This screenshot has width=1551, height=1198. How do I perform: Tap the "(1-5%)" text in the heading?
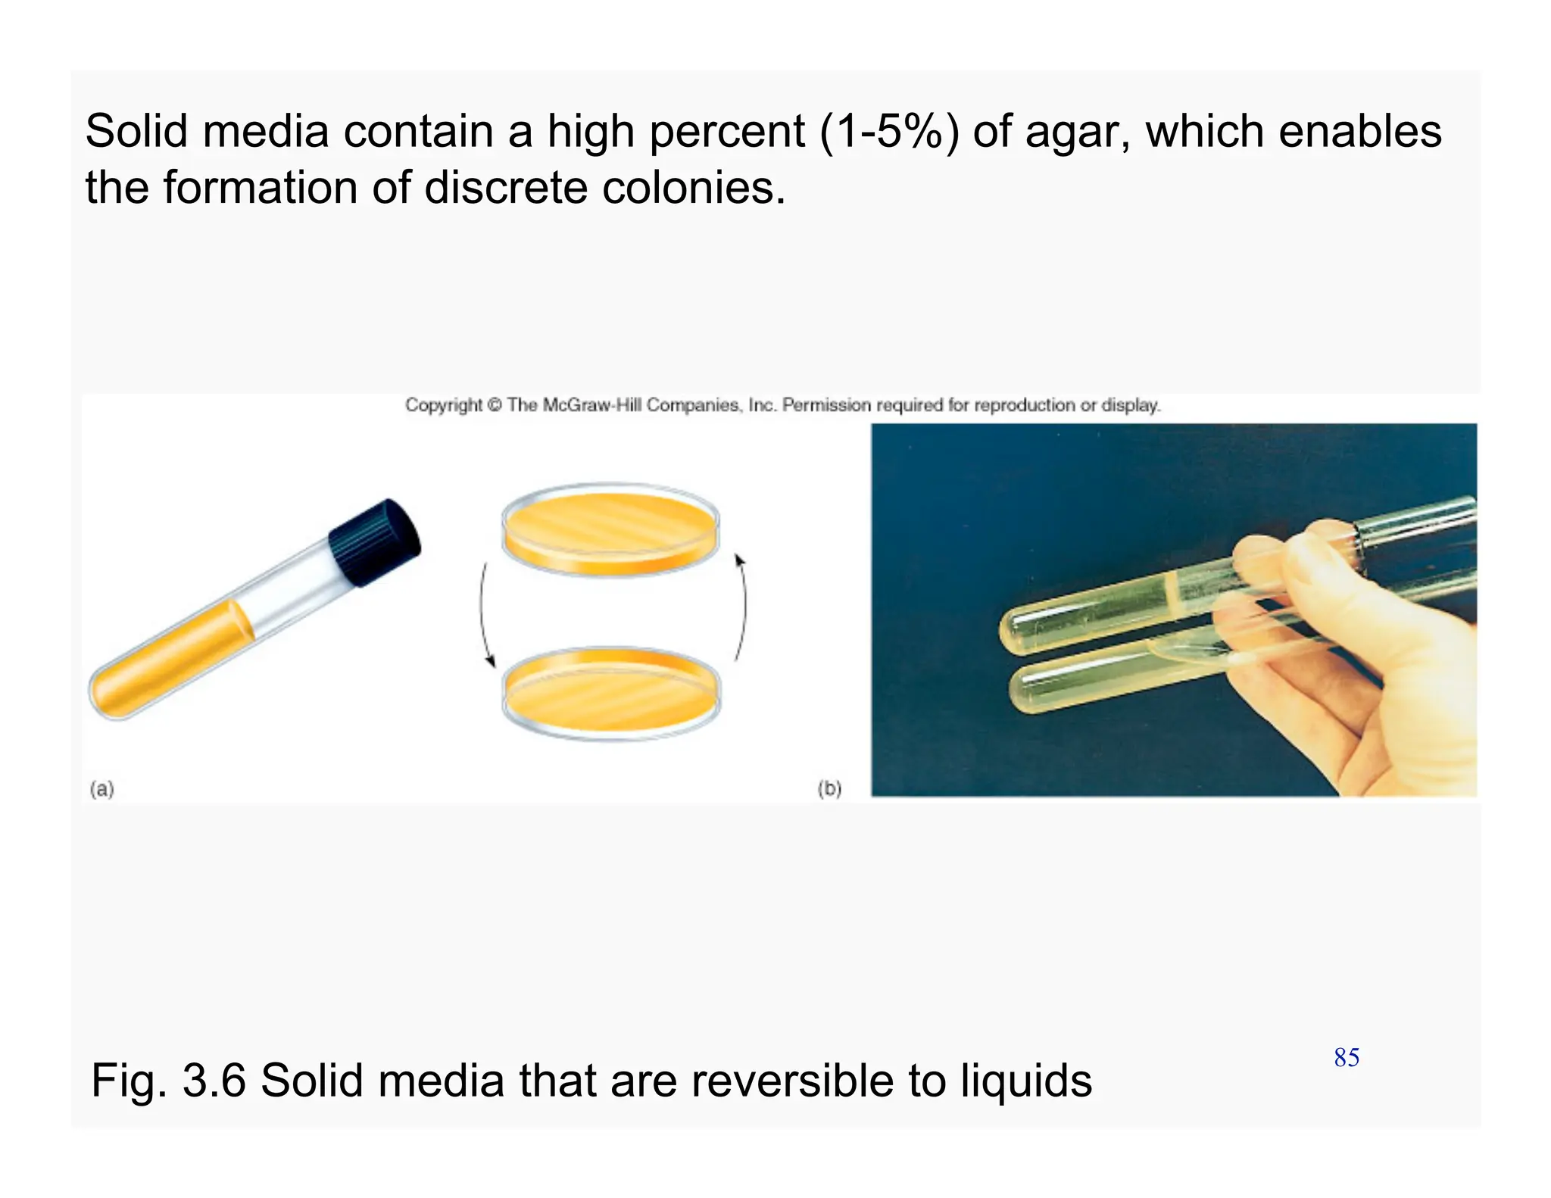pyautogui.click(x=889, y=132)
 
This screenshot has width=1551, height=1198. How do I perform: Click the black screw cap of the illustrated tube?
pyautogui.click(x=375, y=541)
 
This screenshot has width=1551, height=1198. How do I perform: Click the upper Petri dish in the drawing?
pyautogui.click(x=610, y=528)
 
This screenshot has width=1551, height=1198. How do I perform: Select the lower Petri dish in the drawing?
pyautogui.click(x=611, y=693)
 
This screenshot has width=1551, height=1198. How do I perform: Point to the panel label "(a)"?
pyautogui.click(x=101, y=789)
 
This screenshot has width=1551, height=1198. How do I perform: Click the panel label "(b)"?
pyautogui.click(x=829, y=788)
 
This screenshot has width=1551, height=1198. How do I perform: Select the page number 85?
pyautogui.click(x=1347, y=1057)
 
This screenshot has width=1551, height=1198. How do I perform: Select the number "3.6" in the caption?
pyautogui.click(x=214, y=1081)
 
